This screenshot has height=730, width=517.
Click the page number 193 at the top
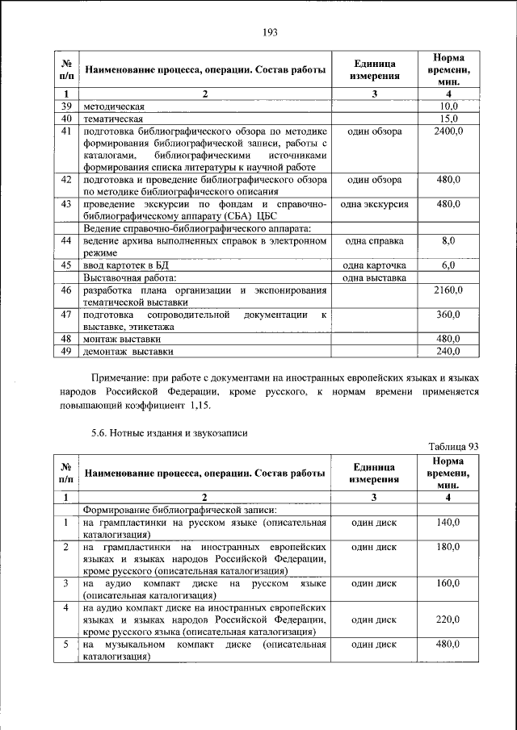pos(270,31)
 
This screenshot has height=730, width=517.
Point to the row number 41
pos(67,131)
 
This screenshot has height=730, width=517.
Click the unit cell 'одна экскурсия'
pos(374,205)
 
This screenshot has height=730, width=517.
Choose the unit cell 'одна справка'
pos(374,241)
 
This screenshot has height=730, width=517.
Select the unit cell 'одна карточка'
pos(374,265)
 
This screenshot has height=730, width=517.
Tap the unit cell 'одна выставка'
pos(374,278)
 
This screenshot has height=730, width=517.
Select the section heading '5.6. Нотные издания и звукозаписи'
pos(169,432)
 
